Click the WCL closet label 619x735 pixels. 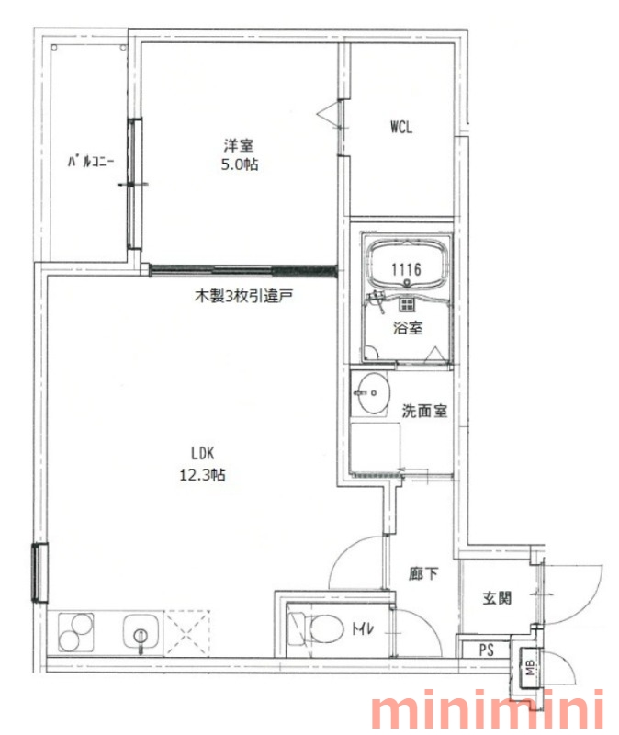[401, 127]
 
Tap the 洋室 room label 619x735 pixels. [239, 145]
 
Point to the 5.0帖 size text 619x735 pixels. [240, 164]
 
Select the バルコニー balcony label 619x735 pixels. [90, 163]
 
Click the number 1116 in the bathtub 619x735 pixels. [406, 269]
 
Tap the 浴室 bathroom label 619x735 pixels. [408, 328]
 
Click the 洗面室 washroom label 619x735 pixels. [424, 411]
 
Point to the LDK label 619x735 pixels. [202, 453]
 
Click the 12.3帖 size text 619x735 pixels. [202, 475]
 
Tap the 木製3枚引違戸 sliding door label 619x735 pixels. [243, 296]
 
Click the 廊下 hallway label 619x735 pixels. [423, 573]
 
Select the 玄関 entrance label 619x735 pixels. [497, 598]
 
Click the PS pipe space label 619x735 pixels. [487, 650]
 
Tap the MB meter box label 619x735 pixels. [530, 668]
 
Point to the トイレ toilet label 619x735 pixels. [363, 628]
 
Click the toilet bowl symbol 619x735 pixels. [318, 628]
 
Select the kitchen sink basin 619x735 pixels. [141, 632]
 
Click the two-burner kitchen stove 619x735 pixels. [75, 632]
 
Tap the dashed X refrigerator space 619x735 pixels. [186, 633]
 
